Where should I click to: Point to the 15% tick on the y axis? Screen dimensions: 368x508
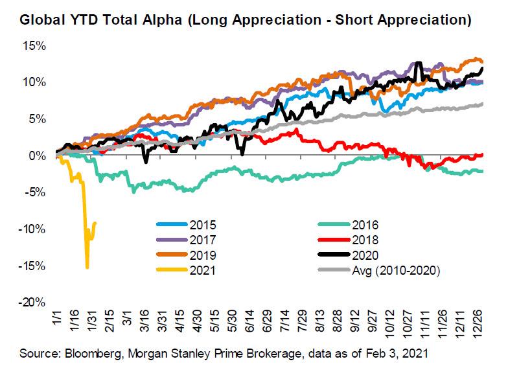(x=32, y=47)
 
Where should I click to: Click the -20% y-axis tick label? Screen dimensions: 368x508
(x=30, y=303)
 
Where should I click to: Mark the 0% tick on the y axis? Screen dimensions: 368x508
(x=35, y=156)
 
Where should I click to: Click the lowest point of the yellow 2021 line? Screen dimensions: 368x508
(x=87, y=267)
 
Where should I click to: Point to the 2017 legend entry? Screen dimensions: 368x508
(x=204, y=240)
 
